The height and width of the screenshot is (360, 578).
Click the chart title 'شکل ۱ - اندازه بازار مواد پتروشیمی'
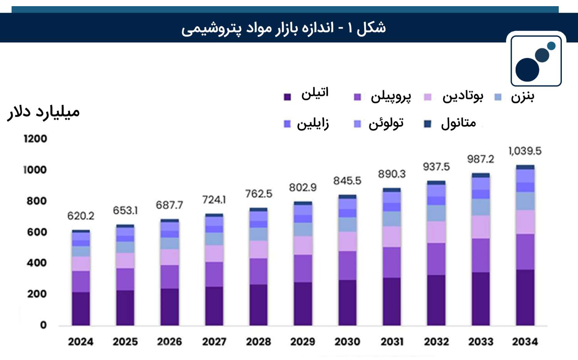(x=283, y=28)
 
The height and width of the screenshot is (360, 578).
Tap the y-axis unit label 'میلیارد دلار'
(x=43, y=112)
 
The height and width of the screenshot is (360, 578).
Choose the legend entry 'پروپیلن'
(x=383, y=97)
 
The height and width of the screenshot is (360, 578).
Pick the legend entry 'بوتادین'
(x=454, y=97)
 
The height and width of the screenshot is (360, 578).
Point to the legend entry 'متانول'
(x=450, y=124)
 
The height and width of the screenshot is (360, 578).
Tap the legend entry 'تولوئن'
(x=378, y=124)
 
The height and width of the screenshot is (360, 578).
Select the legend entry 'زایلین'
(x=306, y=124)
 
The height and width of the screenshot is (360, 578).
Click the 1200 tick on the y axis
(x=35, y=139)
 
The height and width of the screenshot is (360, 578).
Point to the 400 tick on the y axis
(x=37, y=263)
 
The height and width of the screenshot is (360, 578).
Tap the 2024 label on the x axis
(x=81, y=342)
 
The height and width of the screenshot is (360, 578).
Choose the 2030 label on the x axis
(x=347, y=342)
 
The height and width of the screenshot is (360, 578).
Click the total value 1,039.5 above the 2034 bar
(x=525, y=151)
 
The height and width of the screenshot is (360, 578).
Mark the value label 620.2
(x=81, y=216)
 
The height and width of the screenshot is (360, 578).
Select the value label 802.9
(x=303, y=188)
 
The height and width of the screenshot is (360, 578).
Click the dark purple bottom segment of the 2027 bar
(x=214, y=306)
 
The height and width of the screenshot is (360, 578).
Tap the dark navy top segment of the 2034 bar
(x=525, y=167)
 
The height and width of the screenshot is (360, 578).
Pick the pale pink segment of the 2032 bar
(x=436, y=232)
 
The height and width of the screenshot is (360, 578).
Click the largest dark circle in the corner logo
(x=527, y=70)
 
